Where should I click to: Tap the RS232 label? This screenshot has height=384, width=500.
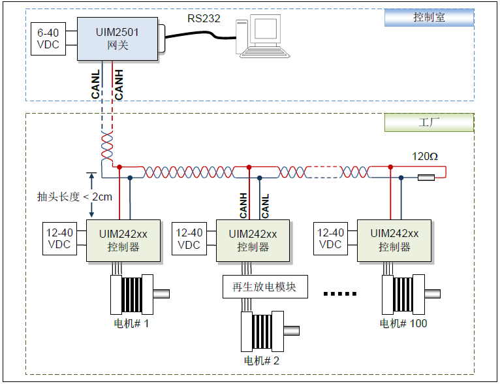[204, 18]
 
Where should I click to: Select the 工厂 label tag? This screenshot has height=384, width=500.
[429, 122]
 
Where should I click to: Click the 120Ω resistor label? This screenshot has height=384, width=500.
[424, 157]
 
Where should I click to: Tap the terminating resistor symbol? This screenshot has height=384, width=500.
[426, 178]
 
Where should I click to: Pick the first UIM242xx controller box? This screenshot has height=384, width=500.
[123, 240]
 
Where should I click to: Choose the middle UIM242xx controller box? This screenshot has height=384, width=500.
[253, 240]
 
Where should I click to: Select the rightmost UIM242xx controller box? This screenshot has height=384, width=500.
[394, 240]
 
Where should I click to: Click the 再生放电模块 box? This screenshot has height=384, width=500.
[264, 287]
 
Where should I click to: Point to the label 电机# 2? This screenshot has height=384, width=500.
[262, 360]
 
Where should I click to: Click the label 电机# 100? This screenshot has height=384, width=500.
[403, 323]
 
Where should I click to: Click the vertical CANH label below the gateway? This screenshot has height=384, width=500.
[118, 85]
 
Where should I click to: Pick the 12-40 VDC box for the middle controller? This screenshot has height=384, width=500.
[189, 239]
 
